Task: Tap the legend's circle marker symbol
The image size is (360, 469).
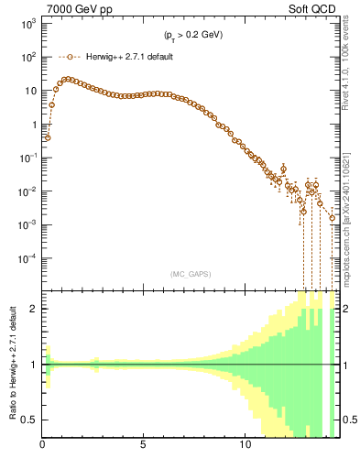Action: pyautogui.click(x=69, y=57)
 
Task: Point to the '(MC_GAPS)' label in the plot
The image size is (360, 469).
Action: pyautogui.click(x=189, y=273)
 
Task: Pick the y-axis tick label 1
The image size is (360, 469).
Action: pyautogui.click(x=32, y=125)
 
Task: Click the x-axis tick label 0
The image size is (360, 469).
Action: pyautogui.click(x=43, y=446)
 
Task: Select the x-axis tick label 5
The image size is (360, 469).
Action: pyautogui.click(x=144, y=446)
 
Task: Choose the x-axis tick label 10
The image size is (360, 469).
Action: pyautogui.click(x=245, y=446)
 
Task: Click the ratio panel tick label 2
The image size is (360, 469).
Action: pyautogui.click(x=34, y=309)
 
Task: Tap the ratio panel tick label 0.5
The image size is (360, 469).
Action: pyautogui.click(x=29, y=420)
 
